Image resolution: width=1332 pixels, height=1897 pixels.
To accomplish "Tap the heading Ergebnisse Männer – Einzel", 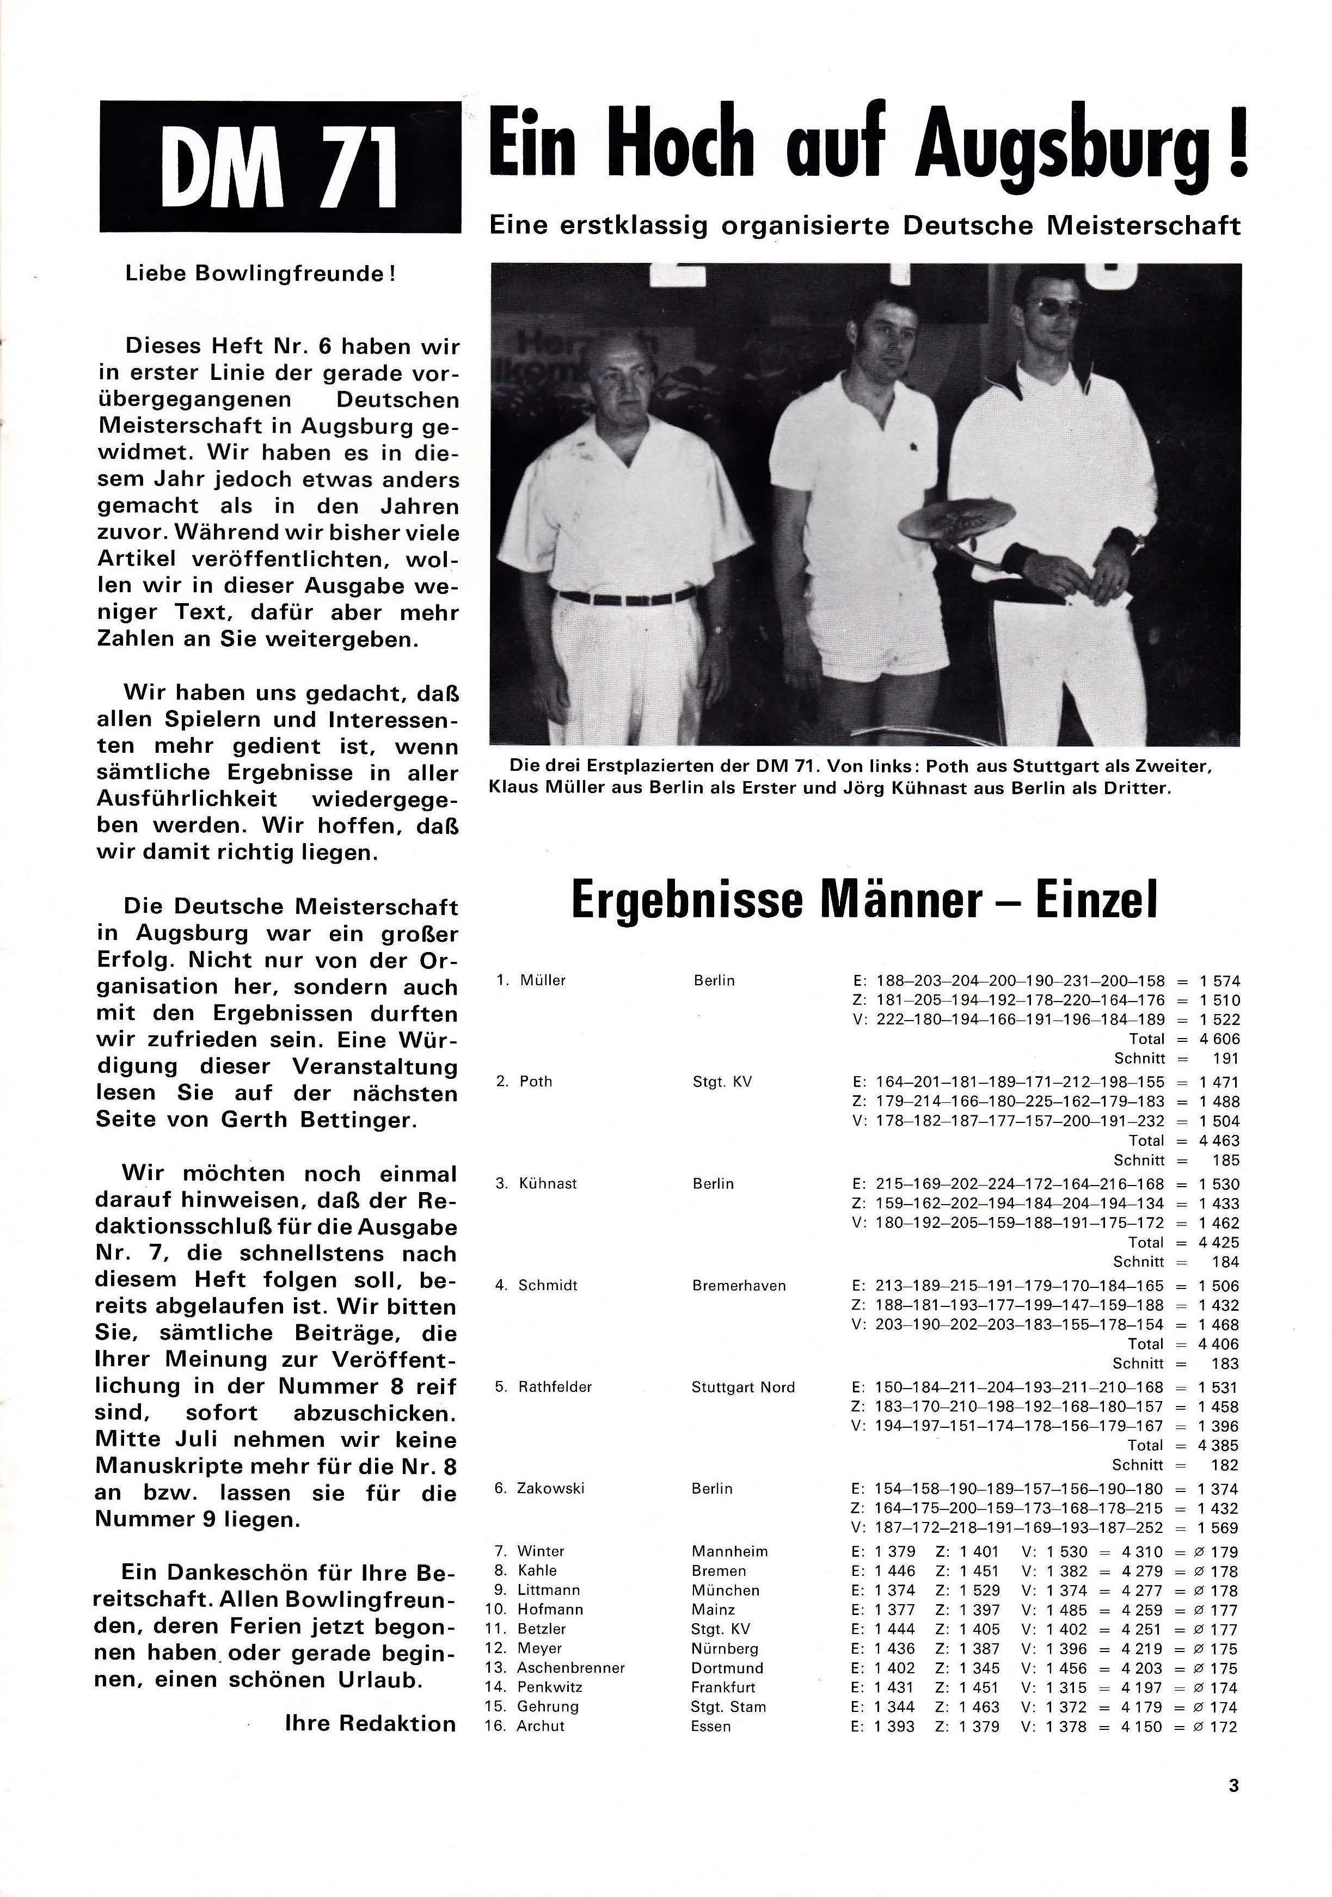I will click(863, 900).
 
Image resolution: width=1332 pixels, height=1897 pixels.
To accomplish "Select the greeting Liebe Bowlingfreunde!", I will click(260, 273).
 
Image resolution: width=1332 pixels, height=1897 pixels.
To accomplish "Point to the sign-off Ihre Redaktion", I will click(370, 1723).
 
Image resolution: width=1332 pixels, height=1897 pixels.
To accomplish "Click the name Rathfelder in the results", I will click(555, 1386).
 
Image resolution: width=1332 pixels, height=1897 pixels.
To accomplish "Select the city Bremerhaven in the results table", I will click(739, 1285).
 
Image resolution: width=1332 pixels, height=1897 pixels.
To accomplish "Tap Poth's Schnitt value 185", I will click(1225, 1159).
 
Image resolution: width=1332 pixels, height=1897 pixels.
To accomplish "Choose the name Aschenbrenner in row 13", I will click(570, 1667).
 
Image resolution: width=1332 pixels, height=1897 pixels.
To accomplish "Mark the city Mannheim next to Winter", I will click(729, 1551).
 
